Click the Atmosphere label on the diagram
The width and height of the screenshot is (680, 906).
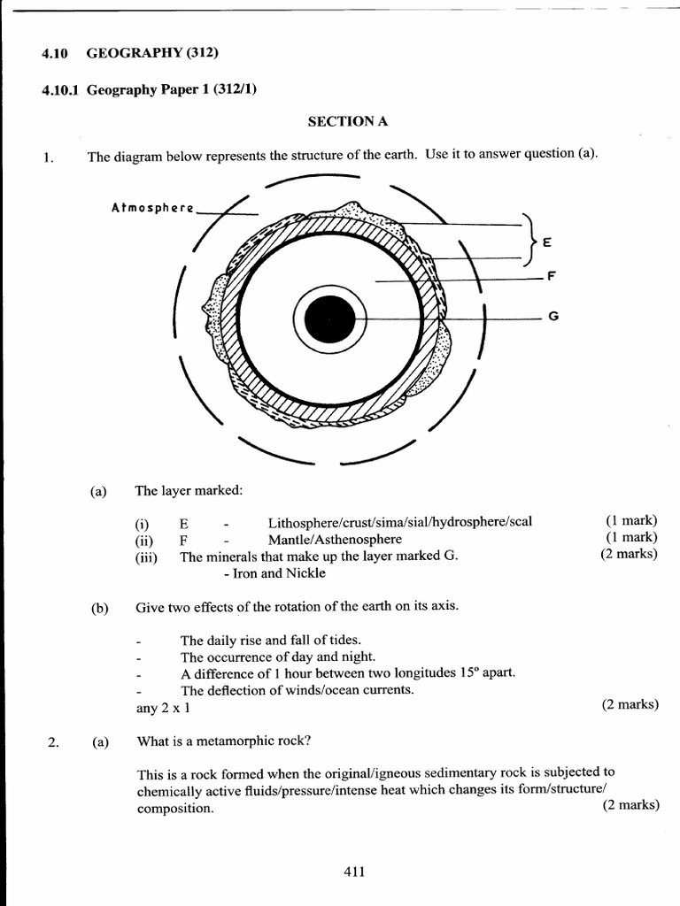(x=152, y=208)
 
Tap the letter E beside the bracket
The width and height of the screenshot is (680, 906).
(x=546, y=242)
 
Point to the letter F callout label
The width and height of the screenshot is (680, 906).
(x=551, y=276)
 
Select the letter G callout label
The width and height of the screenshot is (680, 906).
(x=552, y=317)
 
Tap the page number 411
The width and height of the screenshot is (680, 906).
(x=354, y=871)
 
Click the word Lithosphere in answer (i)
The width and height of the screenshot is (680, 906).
(x=300, y=521)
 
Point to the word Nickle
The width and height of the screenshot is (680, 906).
(x=305, y=572)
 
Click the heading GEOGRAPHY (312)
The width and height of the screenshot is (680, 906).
(x=152, y=53)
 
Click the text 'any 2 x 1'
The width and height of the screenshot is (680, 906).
(x=162, y=708)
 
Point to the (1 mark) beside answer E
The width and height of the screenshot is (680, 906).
(x=631, y=520)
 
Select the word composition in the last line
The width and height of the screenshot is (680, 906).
(x=174, y=808)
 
